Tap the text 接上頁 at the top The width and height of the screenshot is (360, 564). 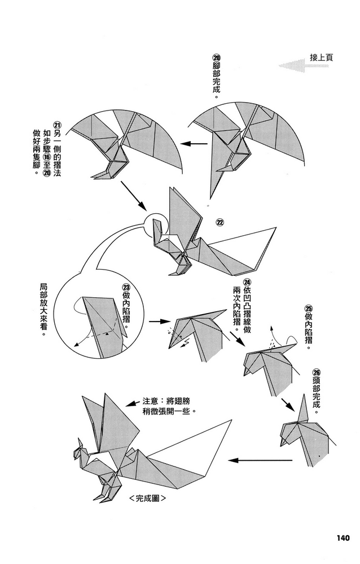pos(322,57)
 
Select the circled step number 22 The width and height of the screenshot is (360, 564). pos(220,222)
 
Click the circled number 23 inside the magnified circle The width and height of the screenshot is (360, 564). pos(125,288)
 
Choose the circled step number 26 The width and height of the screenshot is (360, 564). pos(315,373)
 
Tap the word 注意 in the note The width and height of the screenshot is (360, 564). pos(151,402)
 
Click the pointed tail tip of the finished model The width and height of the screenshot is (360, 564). pos(232,420)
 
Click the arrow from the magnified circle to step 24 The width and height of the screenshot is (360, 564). pos(161,322)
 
